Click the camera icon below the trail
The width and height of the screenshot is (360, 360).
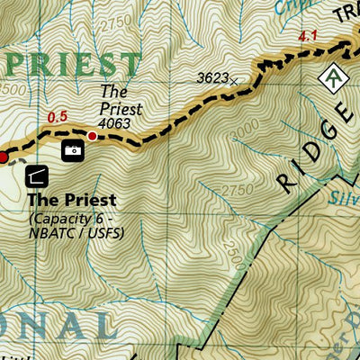(x=72, y=150)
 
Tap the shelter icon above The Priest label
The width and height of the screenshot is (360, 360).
(x=39, y=175)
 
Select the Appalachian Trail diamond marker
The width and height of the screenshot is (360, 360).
(x=335, y=79)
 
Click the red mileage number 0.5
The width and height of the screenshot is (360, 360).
(x=57, y=116)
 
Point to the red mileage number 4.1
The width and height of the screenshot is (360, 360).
(x=308, y=37)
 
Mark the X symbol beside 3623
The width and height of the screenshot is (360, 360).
(x=235, y=81)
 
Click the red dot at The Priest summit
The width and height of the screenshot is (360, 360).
(x=92, y=136)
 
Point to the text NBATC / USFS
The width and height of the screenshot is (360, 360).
(x=76, y=234)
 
